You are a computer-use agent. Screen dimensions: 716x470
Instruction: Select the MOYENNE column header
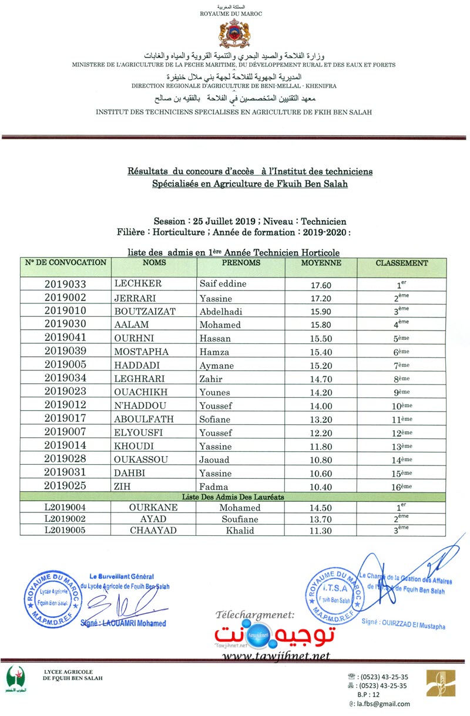point(321,264)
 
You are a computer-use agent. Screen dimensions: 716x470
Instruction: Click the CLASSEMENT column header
point(402,264)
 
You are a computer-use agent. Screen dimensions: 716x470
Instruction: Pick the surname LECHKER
point(139,284)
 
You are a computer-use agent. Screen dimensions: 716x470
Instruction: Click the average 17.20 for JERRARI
point(321,298)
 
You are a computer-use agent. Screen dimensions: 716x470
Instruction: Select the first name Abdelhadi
point(221,312)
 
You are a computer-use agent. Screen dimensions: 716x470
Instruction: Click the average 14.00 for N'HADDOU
point(321,406)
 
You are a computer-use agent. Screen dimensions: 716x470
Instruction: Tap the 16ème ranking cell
point(402,487)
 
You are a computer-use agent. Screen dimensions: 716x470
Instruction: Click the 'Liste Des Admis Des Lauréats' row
point(233,497)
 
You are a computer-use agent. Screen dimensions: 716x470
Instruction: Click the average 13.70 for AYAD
point(321,519)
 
